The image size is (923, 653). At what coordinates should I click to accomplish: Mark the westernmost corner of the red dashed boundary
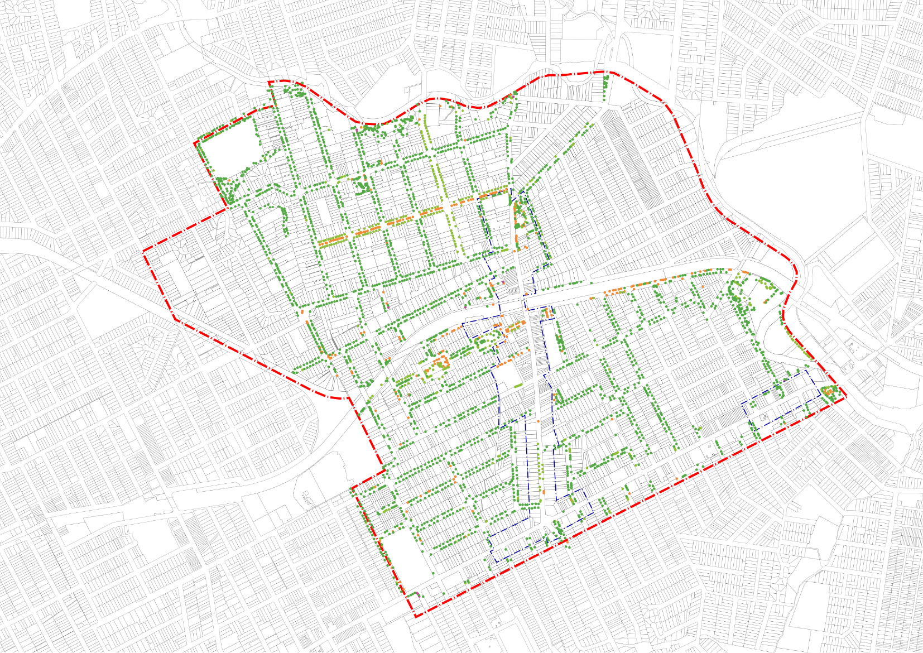point(144,252)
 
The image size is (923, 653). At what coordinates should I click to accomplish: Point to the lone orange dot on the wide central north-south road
point(538,420)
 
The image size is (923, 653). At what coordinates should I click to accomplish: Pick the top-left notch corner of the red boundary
point(269,83)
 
